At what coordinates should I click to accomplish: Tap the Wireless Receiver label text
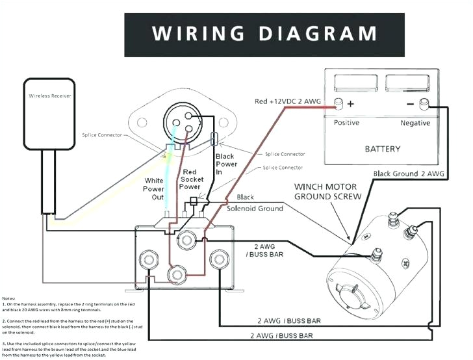point(49,96)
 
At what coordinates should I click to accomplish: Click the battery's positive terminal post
point(338,103)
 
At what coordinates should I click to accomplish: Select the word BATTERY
point(382,149)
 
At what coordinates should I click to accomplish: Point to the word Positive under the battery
point(347,123)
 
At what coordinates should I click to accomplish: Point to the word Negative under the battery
point(415,123)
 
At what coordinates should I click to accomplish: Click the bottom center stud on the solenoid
point(176,274)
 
